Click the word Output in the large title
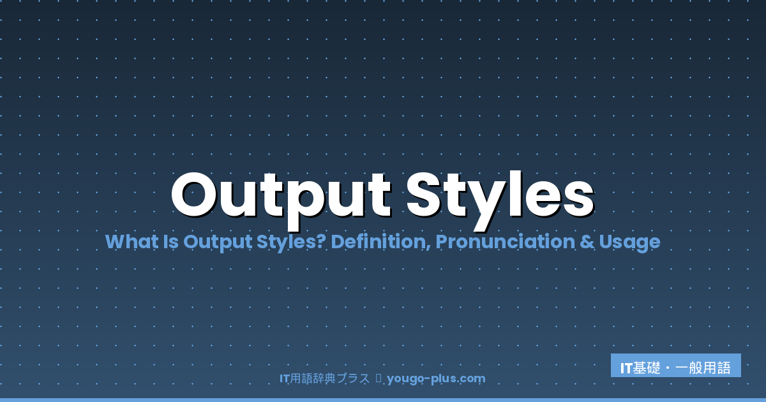(281, 195)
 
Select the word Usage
(629, 242)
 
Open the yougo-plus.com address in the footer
(436, 378)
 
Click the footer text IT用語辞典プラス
(324, 378)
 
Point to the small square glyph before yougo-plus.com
(378, 378)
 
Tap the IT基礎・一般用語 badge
(675, 368)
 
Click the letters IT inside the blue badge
(626, 368)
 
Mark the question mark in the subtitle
(322, 242)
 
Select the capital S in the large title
(424, 195)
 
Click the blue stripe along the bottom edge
(383, 399)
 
